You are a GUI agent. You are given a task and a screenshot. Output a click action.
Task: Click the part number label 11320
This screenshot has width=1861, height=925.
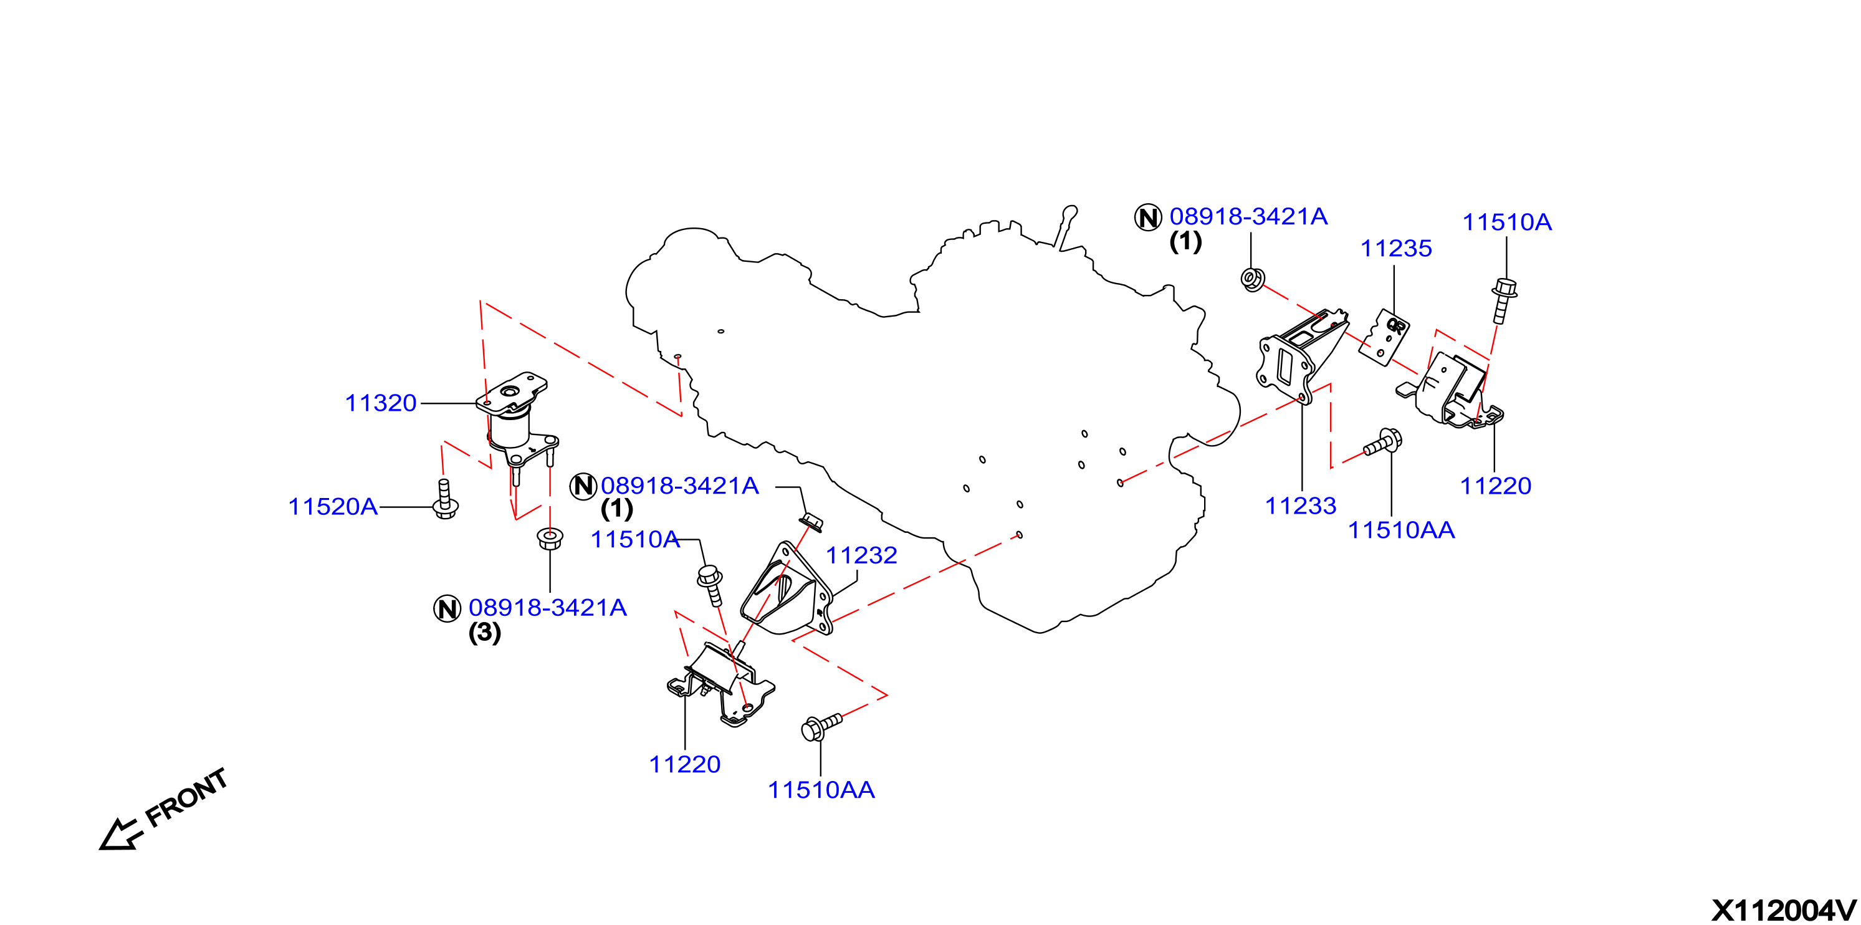point(381,403)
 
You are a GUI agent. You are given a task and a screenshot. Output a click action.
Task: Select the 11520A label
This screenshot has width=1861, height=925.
point(332,507)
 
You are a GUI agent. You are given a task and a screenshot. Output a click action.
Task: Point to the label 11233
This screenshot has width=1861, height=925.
point(1300,506)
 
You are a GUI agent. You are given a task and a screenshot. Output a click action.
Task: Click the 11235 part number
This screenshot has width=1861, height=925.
point(1396,249)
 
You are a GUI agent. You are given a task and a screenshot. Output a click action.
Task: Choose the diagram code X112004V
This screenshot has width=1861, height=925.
point(1784,911)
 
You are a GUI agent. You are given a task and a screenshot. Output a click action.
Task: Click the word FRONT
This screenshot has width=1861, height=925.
point(186,798)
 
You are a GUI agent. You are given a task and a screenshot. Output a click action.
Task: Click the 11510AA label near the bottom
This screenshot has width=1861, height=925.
point(821,790)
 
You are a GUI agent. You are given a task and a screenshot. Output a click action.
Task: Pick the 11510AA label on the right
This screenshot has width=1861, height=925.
point(1402,530)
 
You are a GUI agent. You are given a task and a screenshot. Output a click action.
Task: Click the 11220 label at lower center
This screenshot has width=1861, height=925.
point(685,765)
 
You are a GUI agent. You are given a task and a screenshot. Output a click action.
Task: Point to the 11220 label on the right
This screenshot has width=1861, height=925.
point(1495,486)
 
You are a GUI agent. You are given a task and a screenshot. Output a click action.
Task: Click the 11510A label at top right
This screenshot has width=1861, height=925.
point(1507,222)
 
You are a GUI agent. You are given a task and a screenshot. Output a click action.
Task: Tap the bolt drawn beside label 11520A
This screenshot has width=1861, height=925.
point(445,499)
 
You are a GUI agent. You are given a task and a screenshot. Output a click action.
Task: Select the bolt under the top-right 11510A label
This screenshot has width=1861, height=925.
point(1503,300)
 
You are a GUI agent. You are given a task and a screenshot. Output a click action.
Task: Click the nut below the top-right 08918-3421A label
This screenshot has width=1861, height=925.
point(1253,280)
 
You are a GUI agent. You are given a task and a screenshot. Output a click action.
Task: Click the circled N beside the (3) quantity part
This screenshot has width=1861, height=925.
point(447,608)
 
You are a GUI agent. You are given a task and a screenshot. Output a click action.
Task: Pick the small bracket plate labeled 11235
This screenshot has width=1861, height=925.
point(1384,337)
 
